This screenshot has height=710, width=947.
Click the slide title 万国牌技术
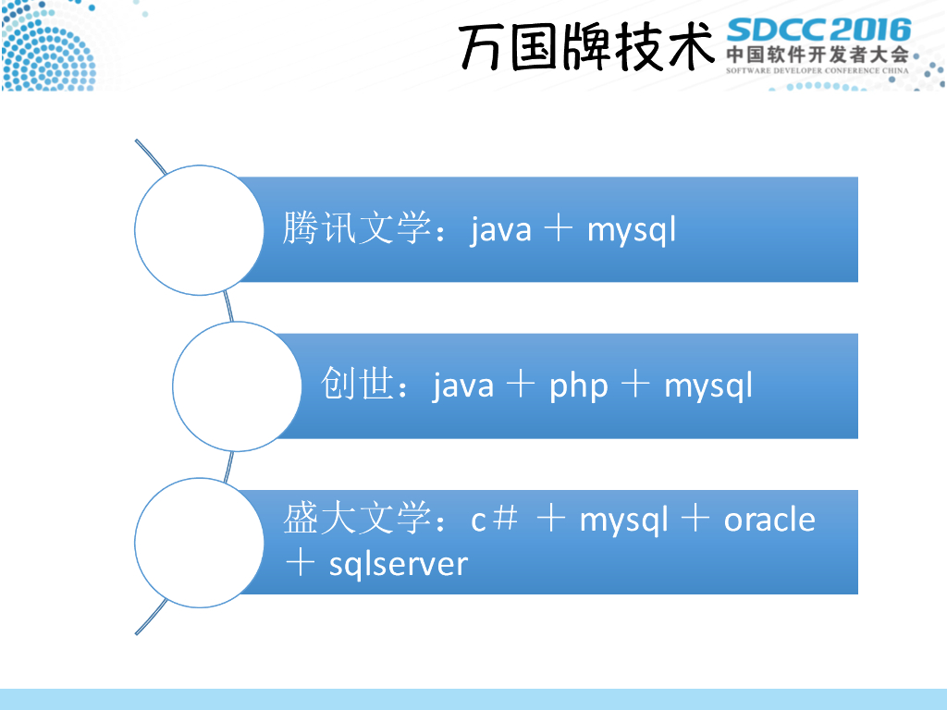(x=586, y=46)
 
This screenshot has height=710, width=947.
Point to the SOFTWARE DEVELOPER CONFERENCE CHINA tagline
(x=818, y=69)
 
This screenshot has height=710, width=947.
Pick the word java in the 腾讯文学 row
(x=501, y=229)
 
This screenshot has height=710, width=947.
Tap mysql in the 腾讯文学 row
(x=632, y=229)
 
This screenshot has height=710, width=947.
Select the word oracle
(x=769, y=520)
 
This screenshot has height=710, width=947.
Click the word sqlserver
(x=399, y=563)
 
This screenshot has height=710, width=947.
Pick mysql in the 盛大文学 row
(x=623, y=520)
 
